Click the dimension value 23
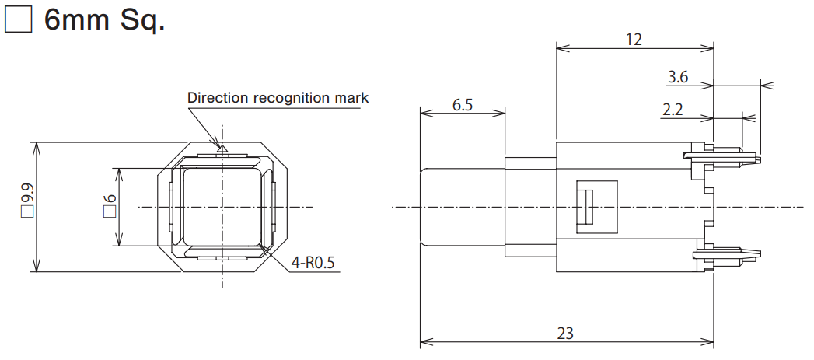point(565,332)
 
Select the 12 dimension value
point(634,39)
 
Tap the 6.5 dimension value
point(462,105)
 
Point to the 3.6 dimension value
point(678,77)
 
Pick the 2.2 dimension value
point(672,110)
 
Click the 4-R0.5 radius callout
point(313,263)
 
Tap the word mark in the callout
point(351,98)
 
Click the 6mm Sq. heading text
point(104,20)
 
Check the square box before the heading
point(17,20)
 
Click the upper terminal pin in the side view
point(727,157)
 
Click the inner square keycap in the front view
point(222,207)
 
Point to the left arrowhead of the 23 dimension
point(424,341)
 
